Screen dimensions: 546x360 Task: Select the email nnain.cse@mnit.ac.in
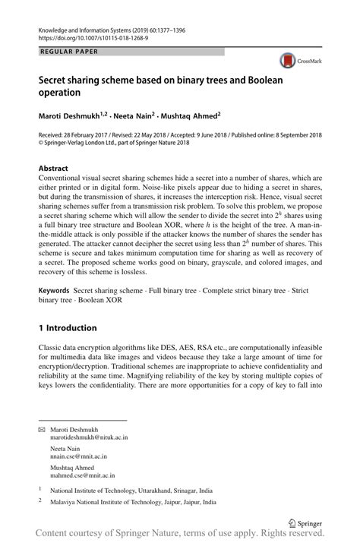(78, 456)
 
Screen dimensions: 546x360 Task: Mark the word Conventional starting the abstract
(61, 178)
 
